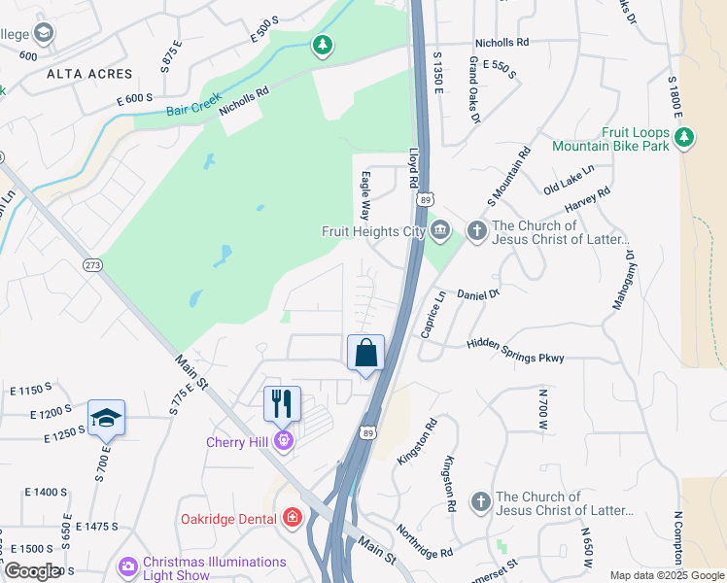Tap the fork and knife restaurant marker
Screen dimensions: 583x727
(283, 402)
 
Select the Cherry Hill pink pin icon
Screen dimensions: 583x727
(283, 441)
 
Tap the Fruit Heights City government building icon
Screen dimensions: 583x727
(440, 230)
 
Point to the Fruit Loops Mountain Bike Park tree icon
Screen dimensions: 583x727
(684, 137)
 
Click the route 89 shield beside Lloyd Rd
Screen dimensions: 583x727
(425, 198)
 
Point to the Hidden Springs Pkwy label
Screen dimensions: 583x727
(515, 351)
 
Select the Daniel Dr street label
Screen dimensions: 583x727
(477, 292)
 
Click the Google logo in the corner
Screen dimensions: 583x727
(32, 571)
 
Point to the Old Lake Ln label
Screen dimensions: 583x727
(569, 179)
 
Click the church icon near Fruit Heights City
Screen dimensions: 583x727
(476, 230)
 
